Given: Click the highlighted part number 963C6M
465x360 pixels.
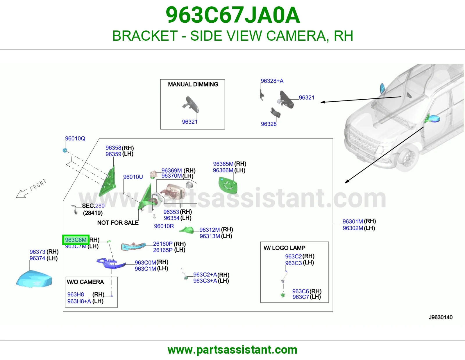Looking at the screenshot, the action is point(76,240).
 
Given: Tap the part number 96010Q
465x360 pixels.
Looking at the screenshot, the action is point(75,138).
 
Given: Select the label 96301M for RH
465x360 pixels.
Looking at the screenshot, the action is point(353,221).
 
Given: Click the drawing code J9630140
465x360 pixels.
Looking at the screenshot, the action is point(441,317).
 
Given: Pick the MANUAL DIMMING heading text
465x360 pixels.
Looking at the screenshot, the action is point(193,84).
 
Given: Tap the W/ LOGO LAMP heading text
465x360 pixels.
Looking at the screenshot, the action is point(285,248).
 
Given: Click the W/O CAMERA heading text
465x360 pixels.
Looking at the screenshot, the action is point(85,282).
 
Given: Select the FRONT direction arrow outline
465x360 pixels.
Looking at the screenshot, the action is point(22,193).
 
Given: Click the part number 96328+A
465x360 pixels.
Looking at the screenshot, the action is point(272,81).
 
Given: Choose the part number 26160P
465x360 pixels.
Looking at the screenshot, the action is point(163,244).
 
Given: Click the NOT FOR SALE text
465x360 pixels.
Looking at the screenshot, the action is point(118,223).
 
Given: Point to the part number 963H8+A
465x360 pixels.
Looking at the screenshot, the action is point(79,301).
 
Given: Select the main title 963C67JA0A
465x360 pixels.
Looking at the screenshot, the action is point(233,15).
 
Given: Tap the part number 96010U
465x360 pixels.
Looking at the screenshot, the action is point(133,177).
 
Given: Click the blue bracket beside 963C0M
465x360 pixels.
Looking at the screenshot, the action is point(111,264).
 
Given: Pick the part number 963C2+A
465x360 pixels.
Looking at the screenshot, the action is point(205,274).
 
